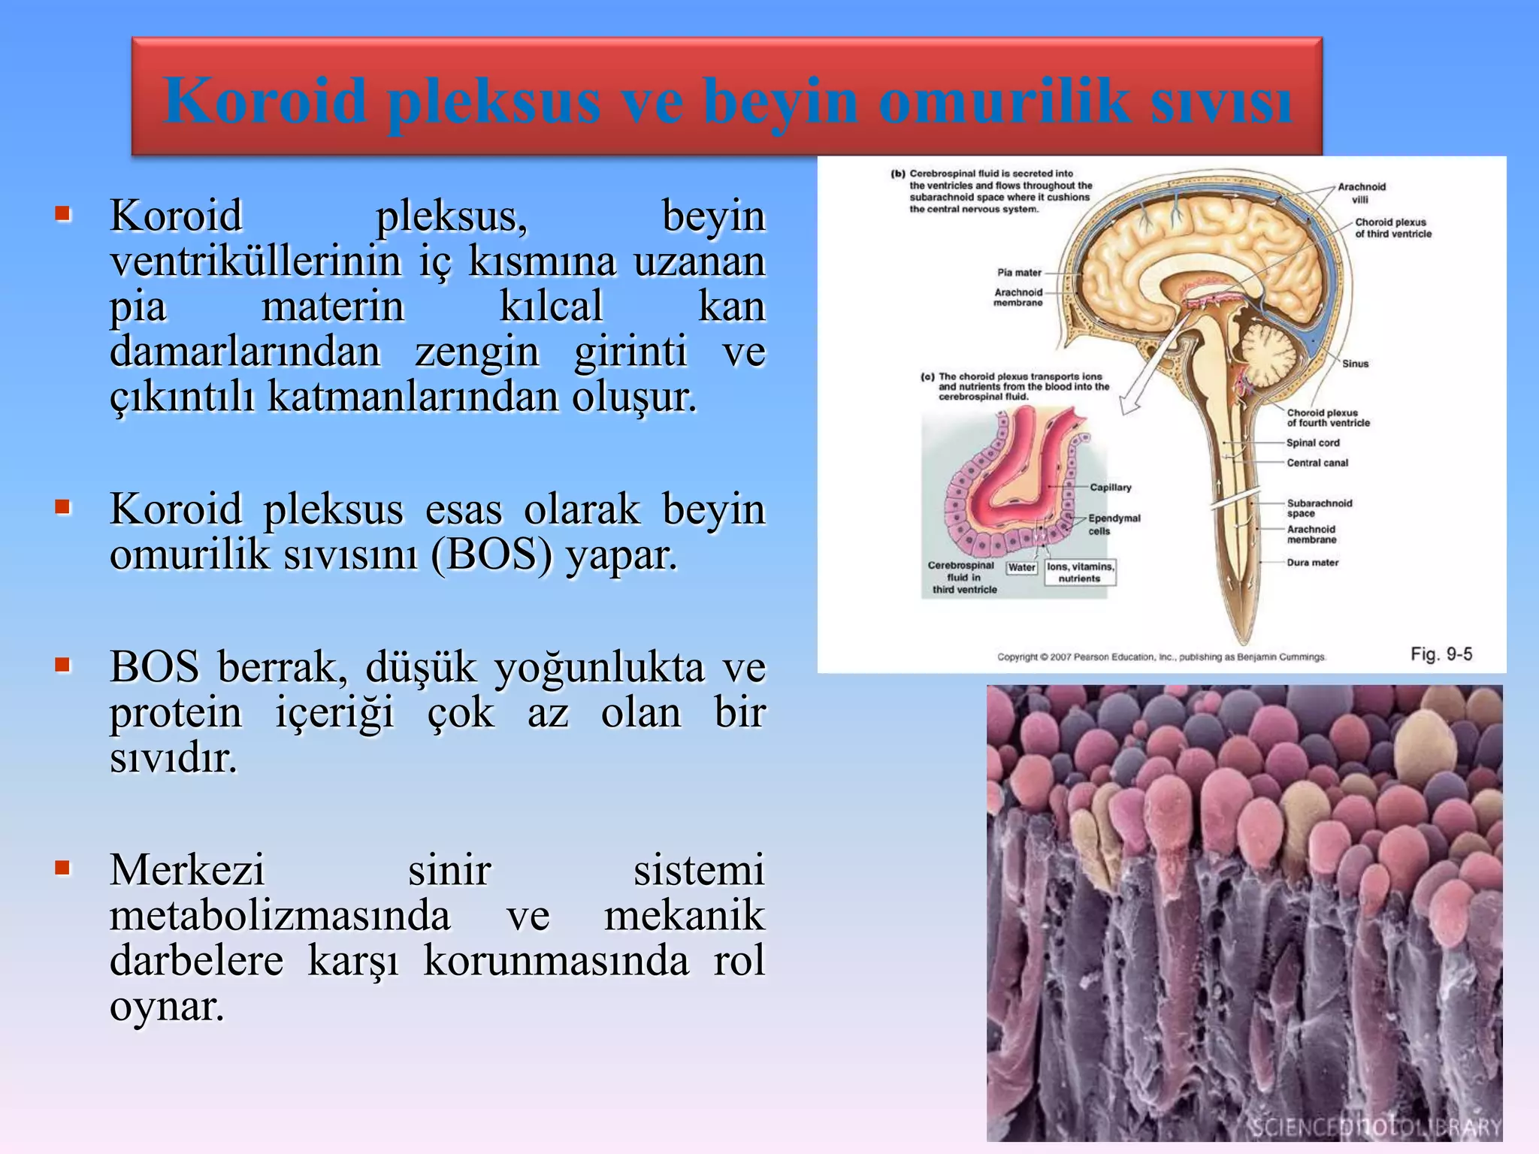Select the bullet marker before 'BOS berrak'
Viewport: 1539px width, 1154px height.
[63, 664]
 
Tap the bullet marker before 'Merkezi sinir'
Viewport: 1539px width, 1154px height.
[63, 869]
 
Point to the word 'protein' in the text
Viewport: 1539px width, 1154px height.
[176, 712]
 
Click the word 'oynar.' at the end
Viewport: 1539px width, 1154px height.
[167, 1007]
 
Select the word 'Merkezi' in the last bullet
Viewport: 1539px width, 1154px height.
[187, 870]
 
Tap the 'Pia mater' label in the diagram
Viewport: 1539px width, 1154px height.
[1019, 273]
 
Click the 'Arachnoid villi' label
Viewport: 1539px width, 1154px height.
[1361, 193]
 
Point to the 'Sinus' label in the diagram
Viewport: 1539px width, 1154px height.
[1355, 364]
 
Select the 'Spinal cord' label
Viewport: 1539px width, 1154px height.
[1313, 443]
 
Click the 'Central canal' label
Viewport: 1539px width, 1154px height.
[1317, 463]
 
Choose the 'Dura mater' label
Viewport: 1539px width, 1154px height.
[1312, 563]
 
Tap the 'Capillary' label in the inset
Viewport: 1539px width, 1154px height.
[1110, 488]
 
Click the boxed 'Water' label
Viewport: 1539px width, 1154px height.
[1021, 568]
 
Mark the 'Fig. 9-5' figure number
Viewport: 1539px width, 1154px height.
[1441, 654]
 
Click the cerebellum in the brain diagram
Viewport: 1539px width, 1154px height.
[1268, 350]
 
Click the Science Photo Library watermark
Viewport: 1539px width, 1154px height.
[1375, 1127]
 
